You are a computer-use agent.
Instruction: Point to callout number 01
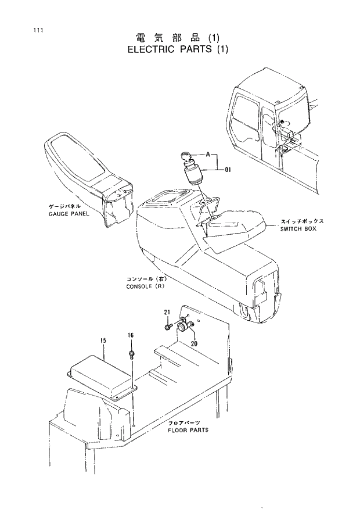228,170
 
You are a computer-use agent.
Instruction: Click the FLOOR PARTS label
188,431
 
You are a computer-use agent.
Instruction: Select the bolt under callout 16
132,354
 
